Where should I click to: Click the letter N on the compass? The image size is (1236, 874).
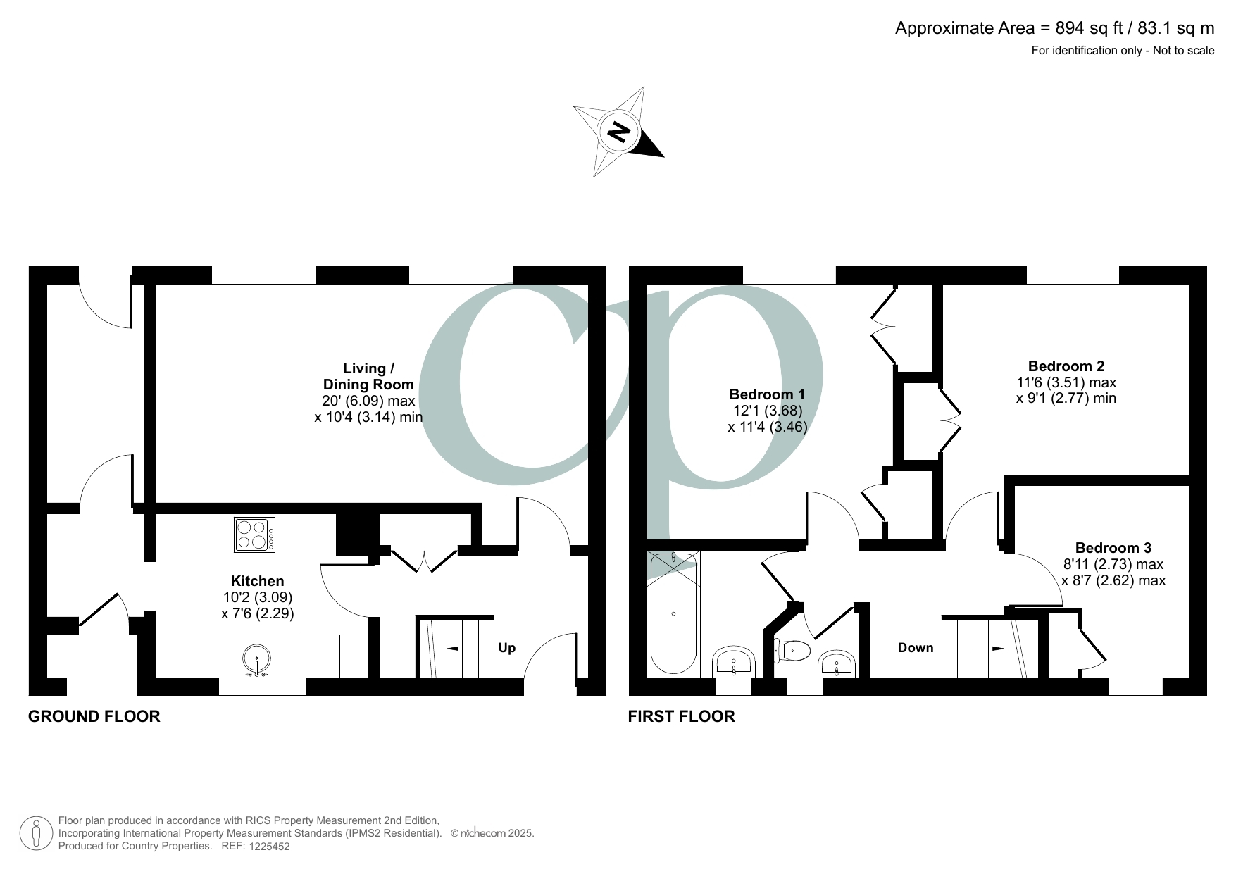coord(619,132)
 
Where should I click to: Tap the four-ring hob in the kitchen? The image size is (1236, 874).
coord(254,535)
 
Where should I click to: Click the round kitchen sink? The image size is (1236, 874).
coord(257,660)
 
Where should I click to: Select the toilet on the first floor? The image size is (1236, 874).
coord(792,649)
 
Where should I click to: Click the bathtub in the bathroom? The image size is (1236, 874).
coord(674,613)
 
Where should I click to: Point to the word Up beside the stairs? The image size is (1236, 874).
coord(507,648)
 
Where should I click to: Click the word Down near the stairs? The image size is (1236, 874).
coord(916,648)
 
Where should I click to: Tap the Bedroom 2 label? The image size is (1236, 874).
coord(1066,366)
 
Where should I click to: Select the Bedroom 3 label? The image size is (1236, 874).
coord(1113,548)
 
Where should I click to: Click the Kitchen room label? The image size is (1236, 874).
coord(258,581)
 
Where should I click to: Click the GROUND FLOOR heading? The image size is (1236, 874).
coord(94,717)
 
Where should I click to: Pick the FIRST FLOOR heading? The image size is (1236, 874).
coord(681,717)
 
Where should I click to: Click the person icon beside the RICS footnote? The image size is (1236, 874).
coord(36,833)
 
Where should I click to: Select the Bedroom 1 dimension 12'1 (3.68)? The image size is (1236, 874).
coord(767,411)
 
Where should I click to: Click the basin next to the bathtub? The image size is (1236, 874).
coord(735,662)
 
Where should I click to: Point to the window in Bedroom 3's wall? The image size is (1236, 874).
coord(1135,686)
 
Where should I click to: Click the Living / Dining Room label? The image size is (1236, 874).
coord(368,376)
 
